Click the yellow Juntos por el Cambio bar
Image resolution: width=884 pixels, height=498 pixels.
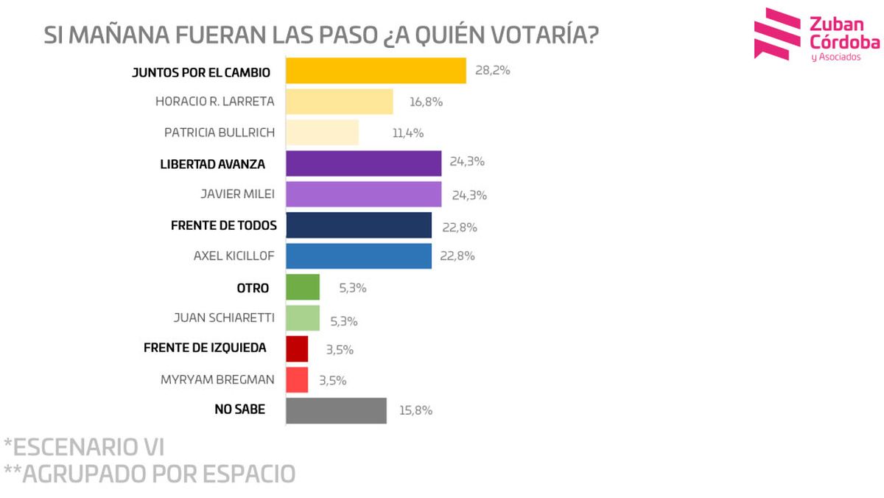(x=375, y=71)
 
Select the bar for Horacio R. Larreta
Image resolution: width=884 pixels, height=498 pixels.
(x=339, y=102)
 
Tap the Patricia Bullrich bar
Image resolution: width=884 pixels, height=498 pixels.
(x=322, y=133)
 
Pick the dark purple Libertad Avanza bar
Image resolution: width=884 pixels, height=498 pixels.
(x=363, y=164)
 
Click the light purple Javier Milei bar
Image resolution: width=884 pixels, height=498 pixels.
(x=363, y=194)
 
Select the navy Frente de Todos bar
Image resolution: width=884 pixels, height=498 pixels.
(x=358, y=225)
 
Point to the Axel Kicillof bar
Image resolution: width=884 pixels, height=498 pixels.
(x=358, y=256)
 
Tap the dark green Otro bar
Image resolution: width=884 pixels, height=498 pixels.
(x=302, y=287)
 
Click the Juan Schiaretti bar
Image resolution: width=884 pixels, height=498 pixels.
(x=302, y=318)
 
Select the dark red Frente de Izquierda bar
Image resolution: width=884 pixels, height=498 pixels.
(x=296, y=348)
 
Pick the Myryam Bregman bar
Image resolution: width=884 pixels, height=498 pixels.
(x=296, y=379)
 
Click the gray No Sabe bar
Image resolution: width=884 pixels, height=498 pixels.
(x=335, y=410)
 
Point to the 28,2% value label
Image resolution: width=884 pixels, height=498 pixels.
(x=492, y=71)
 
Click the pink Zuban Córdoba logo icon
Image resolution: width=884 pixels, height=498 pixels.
(x=776, y=34)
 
